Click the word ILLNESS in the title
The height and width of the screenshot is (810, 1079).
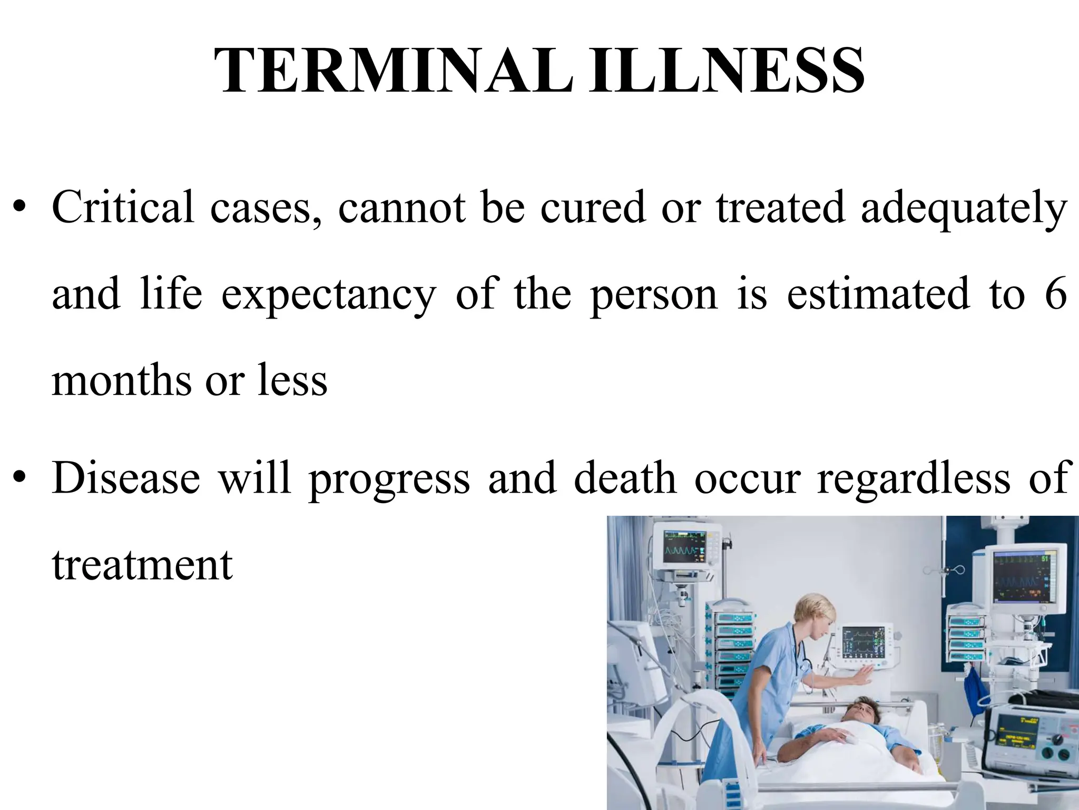pyautogui.click(x=725, y=71)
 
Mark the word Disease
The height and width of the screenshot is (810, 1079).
pyautogui.click(x=126, y=478)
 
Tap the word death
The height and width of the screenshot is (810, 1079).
pyautogui.click(x=625, y=478)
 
